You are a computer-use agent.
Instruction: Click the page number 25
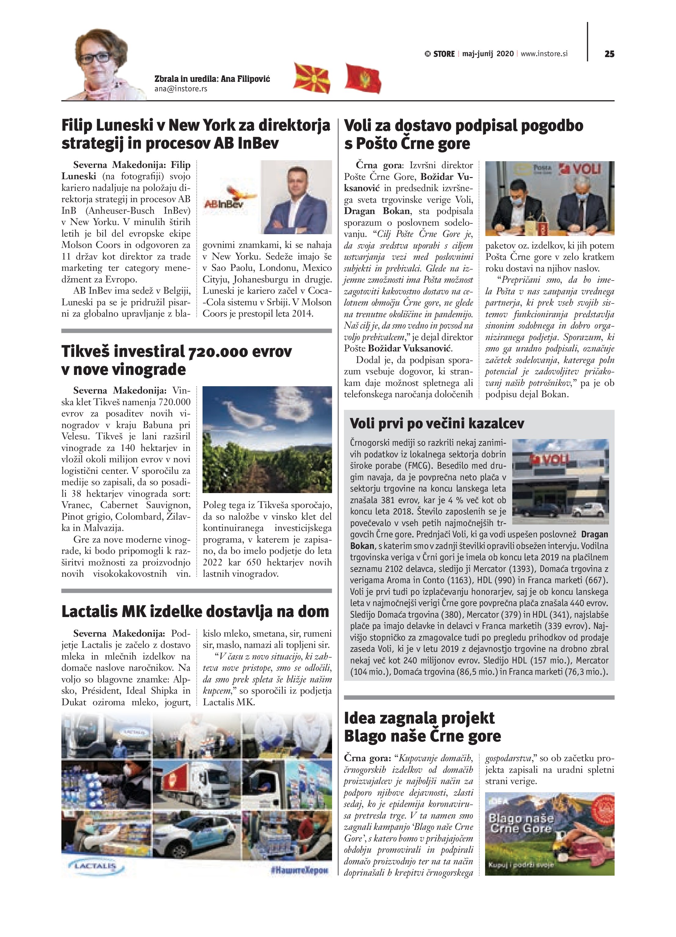(609, 54)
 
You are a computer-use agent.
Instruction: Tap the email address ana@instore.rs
(180, 89)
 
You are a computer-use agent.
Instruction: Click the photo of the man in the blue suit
(296, 197)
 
